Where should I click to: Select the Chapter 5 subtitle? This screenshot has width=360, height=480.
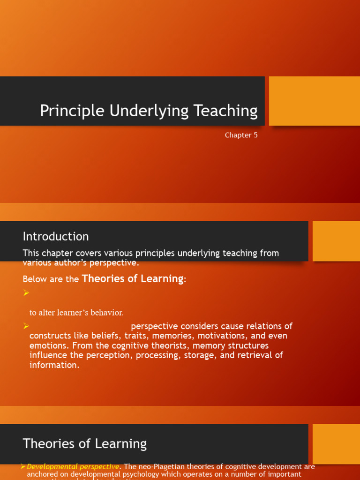[241, 135]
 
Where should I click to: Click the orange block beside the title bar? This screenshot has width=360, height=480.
[314, 101]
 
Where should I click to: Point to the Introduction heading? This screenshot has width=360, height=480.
[56, 236]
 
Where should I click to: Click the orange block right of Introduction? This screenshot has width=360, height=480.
[336, 241]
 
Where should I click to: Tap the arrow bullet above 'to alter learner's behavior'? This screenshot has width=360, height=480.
[26, 293]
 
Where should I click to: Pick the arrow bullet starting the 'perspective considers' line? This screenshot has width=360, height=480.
[26, 326]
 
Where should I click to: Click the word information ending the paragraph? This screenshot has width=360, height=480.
[54, 365]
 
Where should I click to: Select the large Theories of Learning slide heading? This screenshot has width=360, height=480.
[85, 443]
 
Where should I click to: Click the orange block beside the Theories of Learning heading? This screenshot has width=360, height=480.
[336, 444]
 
